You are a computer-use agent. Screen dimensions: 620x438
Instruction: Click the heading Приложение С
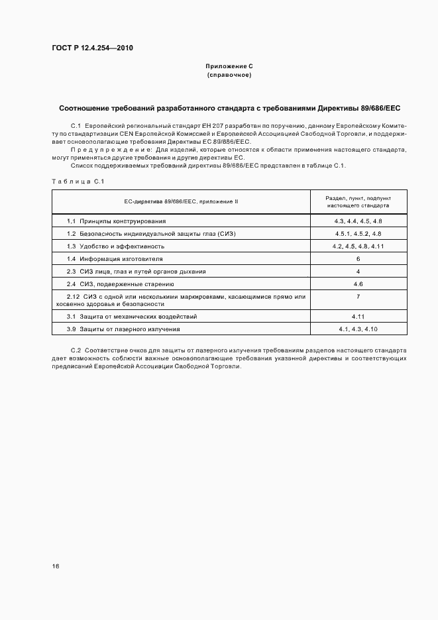point(229,68)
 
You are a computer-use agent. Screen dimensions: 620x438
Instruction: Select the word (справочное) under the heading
point(229,76)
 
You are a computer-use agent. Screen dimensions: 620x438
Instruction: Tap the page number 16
point(56,566)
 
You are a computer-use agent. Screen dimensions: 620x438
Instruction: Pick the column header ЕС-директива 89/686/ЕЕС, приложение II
point(180,201)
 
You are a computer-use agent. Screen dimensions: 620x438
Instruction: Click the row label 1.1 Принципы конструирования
point(117,221)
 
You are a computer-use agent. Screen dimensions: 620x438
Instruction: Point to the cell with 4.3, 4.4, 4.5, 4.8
point(358,221)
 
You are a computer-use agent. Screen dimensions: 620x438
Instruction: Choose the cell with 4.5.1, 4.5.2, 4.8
point(358,233)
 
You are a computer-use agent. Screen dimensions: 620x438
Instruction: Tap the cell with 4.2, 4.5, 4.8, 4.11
point(358,246)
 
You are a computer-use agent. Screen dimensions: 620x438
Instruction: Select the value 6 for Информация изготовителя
point(358,258)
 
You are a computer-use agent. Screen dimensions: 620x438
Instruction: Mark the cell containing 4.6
point(358,284)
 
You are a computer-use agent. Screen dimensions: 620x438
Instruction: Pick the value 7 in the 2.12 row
point(358,297)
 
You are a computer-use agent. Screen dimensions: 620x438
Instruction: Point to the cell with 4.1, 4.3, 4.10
point(358,329)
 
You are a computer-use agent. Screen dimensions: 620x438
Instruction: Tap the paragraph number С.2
point(75,349)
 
